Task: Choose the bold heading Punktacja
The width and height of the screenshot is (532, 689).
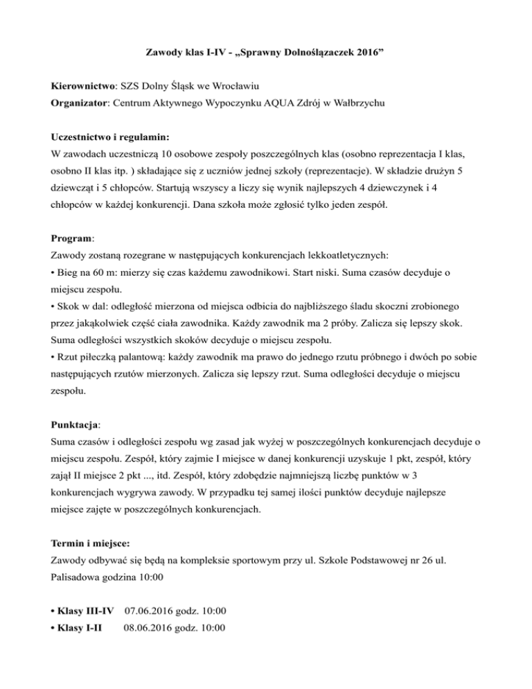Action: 76,423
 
